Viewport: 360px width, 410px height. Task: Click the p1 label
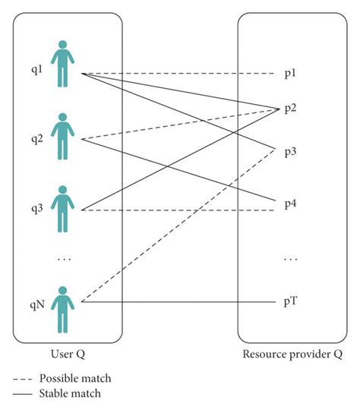click(x=291, y=74)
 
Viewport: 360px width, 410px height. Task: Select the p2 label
click(x=291, y=109)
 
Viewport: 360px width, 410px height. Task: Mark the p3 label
click(x=291, y=152)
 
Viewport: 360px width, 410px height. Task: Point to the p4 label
click(x=291, y=204)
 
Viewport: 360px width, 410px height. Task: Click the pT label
click(x=291, y=302)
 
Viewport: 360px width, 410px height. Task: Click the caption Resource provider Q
click(x=292, y=353)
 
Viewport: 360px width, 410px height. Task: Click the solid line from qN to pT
click(x=182, y=302)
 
